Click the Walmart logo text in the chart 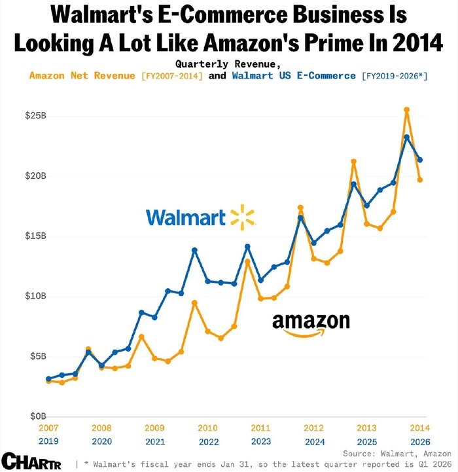point(185,217)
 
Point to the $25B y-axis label point(35,116)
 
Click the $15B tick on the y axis point(35,236)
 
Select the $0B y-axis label point(35,416)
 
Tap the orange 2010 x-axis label point(207,427)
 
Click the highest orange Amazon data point point(406,110)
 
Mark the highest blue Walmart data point point(406,137)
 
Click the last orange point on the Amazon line point(420,179)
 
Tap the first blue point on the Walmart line point(48,379)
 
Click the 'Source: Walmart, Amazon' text point(397,453)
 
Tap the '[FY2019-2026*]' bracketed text point(395,76)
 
